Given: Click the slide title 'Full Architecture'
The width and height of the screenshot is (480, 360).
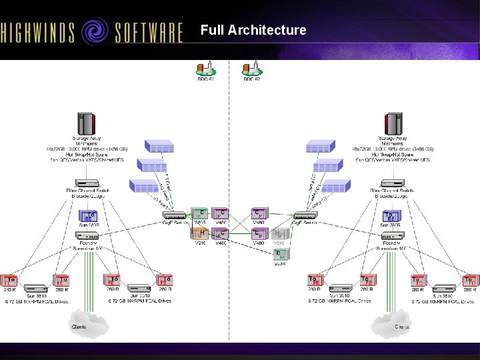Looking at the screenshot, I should pyautogui.click(x=253, y=30).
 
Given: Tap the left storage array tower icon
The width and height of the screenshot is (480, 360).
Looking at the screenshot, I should pyautogui.click(x=86, y=124).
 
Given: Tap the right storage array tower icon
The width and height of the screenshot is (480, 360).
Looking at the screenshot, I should pyautogui.click(x=393, y=124).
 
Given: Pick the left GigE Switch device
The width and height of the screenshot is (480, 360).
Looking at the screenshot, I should pyautogui.click(x=175, y=215).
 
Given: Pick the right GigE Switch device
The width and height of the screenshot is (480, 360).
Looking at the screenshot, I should pyautogui.click(x=305, y=215).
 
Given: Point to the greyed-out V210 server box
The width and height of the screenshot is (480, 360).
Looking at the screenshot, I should pyautogui.click(x=280, y=233).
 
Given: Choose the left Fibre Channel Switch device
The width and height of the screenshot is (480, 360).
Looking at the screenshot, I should pyautogui.click(x=87, y=183).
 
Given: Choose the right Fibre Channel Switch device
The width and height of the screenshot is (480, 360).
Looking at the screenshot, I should pyautogui.click(x=392, y=183).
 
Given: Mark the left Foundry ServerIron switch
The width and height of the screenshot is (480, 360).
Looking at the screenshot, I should pyautogui.click(x=87, y=235).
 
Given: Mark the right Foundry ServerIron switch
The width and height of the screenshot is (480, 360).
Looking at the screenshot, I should pyautogui.click(x=391, y=235).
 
